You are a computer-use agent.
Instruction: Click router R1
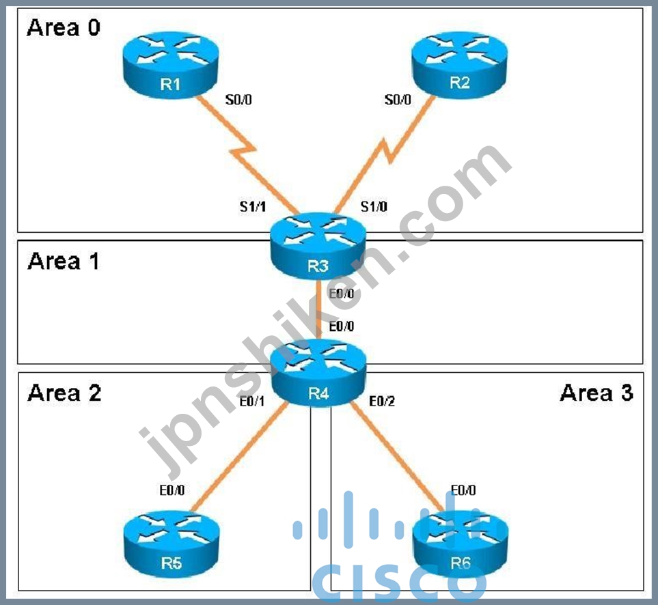170,65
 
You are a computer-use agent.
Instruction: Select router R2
460,64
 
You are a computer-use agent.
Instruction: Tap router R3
318,246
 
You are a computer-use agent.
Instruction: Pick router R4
318,373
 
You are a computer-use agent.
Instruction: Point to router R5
172,544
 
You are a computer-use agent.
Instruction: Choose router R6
461,544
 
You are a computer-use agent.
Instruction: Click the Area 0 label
64,28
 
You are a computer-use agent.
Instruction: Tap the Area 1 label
64,261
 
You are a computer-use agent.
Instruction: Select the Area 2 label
64,393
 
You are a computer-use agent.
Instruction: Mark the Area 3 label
597,393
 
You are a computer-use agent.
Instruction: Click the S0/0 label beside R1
238,100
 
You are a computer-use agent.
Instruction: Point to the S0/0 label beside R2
398,100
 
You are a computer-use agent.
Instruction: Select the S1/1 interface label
253,206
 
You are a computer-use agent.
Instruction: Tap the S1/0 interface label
374,206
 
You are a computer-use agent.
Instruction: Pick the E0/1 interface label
252,402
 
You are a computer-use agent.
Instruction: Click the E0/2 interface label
382,402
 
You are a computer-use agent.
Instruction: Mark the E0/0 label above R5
172,490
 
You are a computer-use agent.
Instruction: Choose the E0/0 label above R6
463,490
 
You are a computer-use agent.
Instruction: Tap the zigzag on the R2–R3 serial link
387,151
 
